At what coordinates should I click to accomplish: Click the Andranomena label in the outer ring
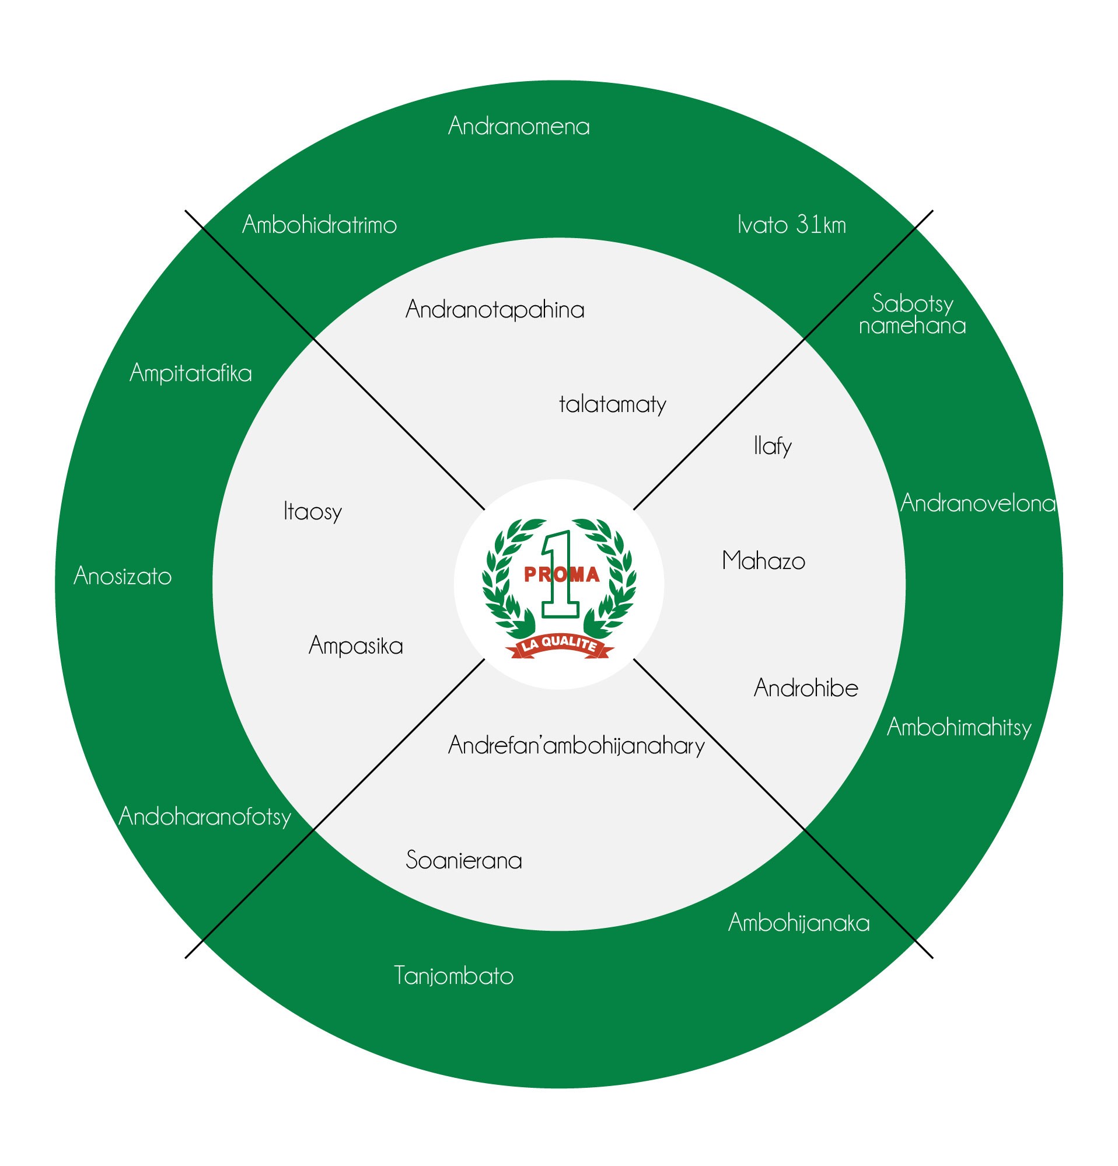(x=519, y=126)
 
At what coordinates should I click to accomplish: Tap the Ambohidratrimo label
(x=319, y=225)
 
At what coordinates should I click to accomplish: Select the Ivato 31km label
(x=791, y=225)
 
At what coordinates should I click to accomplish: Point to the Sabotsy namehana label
(x=912, y=314)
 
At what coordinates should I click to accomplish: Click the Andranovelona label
(x=977, y=503)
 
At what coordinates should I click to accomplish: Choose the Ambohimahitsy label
(x=959, y=727)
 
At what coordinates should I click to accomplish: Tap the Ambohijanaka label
(x=799, y=923)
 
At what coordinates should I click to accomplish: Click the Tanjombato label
(x=454, y=976)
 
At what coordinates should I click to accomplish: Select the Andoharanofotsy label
(x=205, y=816)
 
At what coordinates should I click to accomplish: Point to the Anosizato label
(x=123, y=576)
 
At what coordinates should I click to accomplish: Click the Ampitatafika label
(x=191, y=373)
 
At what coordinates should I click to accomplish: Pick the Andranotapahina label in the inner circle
(x=495, y=310)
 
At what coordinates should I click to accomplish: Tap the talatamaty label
(x=613, y=404)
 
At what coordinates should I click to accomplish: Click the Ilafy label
(x=773, y=446)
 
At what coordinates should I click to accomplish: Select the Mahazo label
(x=764, y=561)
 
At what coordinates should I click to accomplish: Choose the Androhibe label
(x=806, y=688)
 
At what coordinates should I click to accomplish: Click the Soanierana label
(x=464, y=860)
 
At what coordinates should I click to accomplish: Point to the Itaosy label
(x=313, y=512)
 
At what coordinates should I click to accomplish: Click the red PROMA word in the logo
(x=561, y=575)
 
